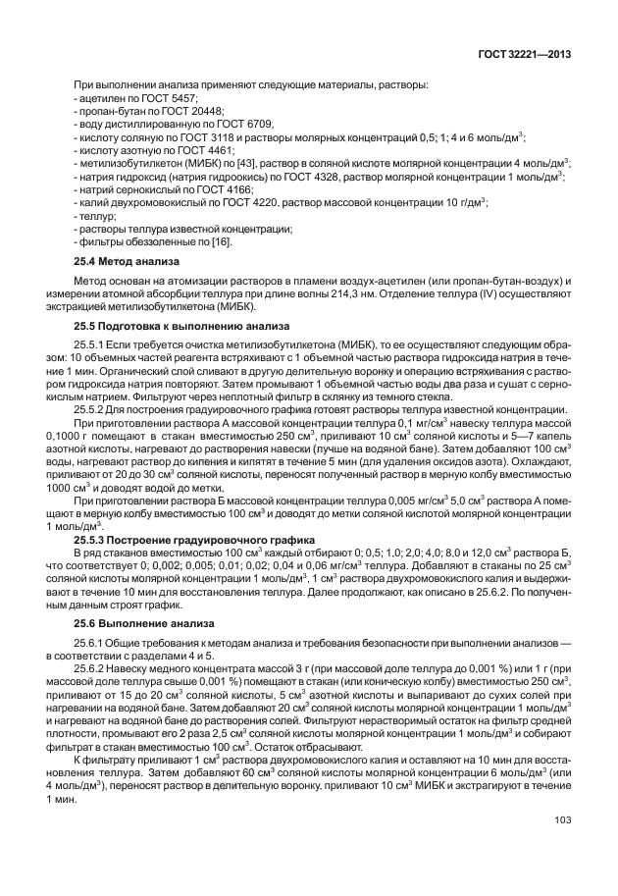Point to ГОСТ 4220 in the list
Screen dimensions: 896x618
[x=255, y=201]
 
